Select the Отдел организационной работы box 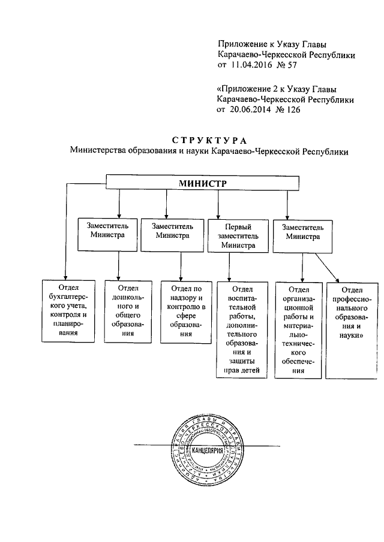click(299, 329)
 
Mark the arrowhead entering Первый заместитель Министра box click(218, 216)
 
